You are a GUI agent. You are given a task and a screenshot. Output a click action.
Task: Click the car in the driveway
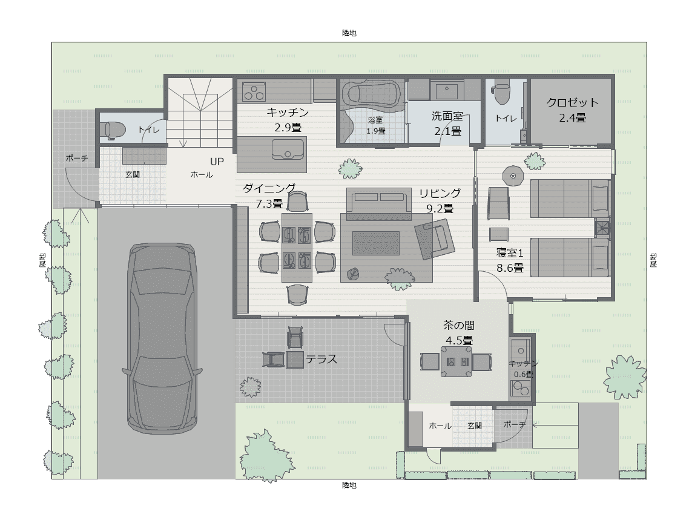(x=162, y=338)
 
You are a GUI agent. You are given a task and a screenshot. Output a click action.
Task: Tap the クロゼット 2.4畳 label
(x=572, y=110)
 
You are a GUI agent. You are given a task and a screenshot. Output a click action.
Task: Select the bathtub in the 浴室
(x=372, y=94)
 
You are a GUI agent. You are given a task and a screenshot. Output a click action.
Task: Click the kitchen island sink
(x=288, y=149)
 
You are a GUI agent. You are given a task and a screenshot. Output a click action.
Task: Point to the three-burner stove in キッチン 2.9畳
(x=254, y=92)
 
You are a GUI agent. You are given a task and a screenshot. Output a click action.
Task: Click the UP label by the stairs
(x=217, y=162)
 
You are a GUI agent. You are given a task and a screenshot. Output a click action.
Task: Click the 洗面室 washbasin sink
(x=447, y=90)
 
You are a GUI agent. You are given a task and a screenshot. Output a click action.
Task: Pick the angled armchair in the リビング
(x=435, y=239)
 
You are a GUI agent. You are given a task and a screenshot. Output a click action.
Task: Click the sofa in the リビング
(x=377, y=203)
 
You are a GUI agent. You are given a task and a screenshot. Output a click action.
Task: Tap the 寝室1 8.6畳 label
(x=510, y=260)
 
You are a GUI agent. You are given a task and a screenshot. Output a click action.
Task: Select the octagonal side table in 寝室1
(x=513, y=176)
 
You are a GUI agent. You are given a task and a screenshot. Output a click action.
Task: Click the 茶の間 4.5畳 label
(x=459, y=333)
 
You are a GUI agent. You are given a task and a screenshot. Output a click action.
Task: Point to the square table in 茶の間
(x=456, y=362)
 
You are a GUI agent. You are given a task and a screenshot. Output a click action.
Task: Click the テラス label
(x=321, y=359)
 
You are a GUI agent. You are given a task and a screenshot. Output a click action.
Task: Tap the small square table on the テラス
(x=294, y=359)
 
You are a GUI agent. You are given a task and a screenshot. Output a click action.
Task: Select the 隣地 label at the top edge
(x=349, y=33)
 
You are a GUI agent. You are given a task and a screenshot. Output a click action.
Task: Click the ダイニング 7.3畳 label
(x=269, y=196)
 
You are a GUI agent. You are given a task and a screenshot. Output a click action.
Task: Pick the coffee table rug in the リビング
(x=375, y=243)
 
